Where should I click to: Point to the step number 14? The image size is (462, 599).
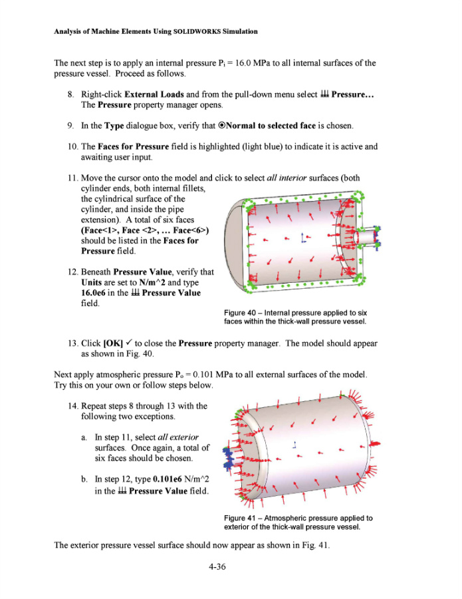pos(70,406)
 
